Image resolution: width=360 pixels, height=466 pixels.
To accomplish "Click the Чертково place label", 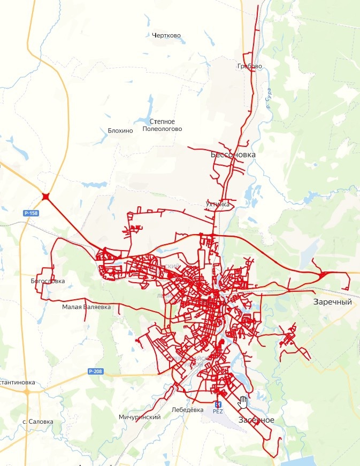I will (166, 36).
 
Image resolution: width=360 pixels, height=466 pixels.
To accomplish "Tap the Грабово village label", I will (249, 66).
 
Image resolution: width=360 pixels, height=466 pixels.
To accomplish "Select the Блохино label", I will (120, 130).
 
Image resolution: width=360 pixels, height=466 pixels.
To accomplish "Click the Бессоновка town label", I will (233, 155).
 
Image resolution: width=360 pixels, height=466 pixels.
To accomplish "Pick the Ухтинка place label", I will (217, 204).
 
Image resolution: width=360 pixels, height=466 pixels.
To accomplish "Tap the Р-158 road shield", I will (31, 213).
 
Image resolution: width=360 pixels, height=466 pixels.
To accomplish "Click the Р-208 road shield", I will (95, 371).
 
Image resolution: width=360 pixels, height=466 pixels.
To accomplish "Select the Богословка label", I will (48, 281).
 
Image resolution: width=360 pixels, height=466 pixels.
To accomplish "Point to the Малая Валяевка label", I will (86, 307).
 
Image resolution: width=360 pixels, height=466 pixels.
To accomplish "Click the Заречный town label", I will (332, 302).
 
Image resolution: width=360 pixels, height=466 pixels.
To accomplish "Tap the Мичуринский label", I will (140, 417).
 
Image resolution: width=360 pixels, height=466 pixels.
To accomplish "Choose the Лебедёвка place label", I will (188, 410).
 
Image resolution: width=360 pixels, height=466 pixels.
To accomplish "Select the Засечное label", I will (256, 420).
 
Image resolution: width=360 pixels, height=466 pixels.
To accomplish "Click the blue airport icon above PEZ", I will (218, 404).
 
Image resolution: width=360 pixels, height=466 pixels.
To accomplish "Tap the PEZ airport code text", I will (218, 411).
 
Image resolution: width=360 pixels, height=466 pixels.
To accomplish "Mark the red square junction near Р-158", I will (46, 197).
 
